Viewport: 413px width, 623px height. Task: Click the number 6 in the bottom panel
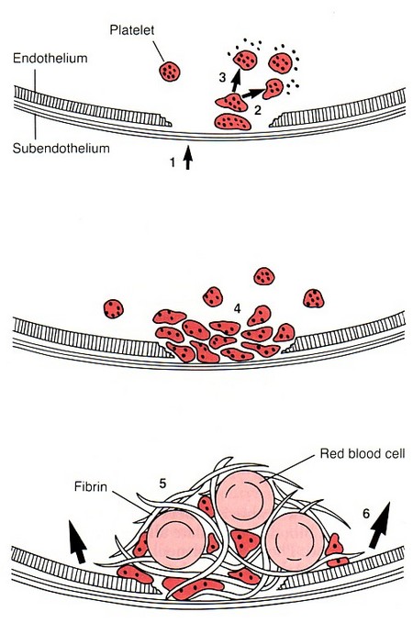coord(367,516)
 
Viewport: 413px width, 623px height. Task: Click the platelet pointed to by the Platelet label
coord(169,71)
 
